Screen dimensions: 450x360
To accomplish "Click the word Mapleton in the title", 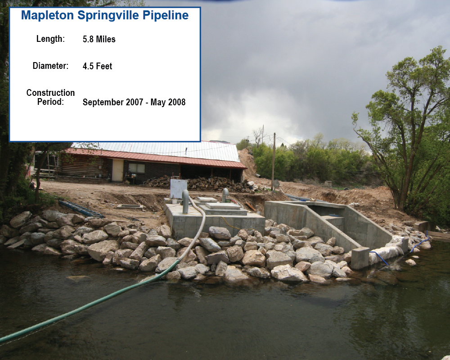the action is tap(47, 15).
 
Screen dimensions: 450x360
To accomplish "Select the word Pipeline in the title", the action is tap(166, 15).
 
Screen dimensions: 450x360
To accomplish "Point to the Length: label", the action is tap(50, 39).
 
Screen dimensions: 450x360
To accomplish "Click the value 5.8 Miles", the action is tap(99, 39).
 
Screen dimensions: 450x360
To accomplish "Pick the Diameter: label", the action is tap(50, 66).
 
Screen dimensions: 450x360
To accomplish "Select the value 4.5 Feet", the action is tap(97, 66).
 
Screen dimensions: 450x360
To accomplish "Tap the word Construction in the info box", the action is tap(50, 93).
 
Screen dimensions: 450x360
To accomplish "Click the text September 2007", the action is tap(112, 102).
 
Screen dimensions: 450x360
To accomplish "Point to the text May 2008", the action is tap(168, 102).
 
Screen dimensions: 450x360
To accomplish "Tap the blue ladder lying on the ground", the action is tap(81, 209).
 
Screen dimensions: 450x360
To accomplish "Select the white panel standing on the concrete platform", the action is tap(179, 189).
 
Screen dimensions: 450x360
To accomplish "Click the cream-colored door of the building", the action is tap(117, 170).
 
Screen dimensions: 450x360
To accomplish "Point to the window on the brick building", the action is tap(137, 168).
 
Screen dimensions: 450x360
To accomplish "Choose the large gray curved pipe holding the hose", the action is tap(186, 201).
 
